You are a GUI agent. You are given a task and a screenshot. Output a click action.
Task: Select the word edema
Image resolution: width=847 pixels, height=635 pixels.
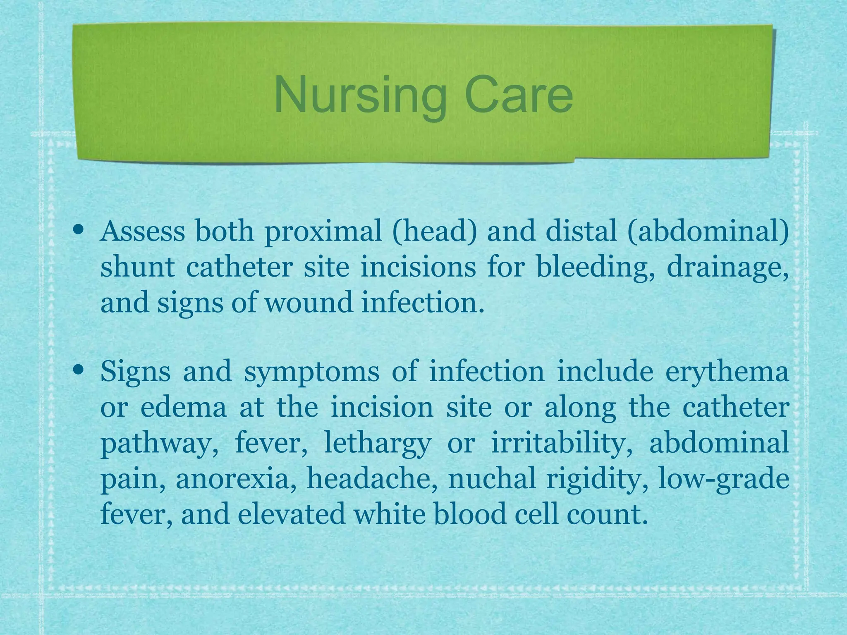(x=184, y=407)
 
